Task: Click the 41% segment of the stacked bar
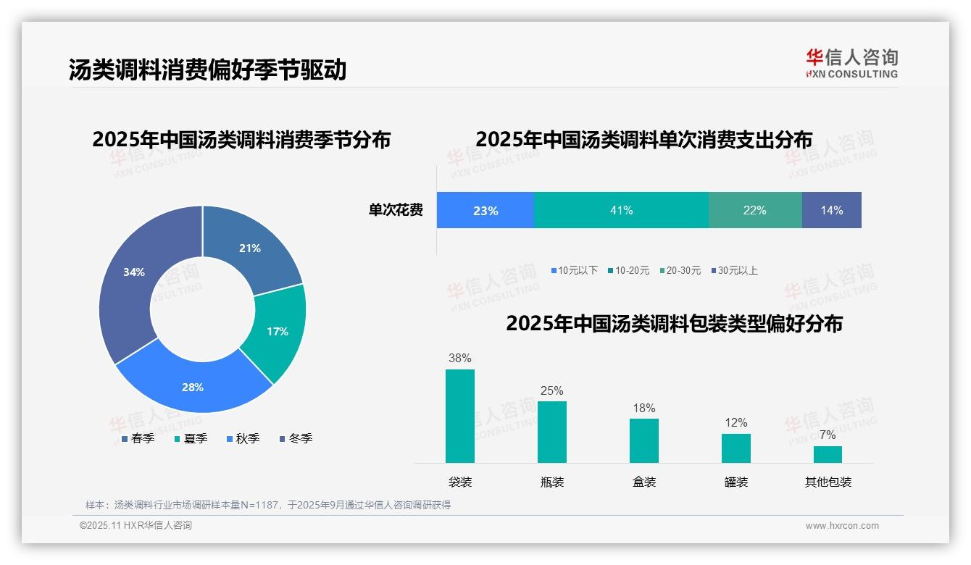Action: tap(621, 210)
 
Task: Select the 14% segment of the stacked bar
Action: tap(831, 210)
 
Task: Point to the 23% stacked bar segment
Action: tap(485, 210)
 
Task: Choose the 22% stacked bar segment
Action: tap(754, 210)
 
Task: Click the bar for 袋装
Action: tap(459, 416)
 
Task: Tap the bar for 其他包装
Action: tap(828, 454)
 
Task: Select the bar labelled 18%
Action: tap(643, 440)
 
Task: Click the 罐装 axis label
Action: tap(735, 482)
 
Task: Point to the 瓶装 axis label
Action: tap(551, 482)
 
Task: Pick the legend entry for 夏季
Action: tap(191, 438)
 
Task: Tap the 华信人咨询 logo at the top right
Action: tap(851, 63)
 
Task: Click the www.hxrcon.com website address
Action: tap(842, 526)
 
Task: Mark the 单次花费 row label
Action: tap(396, 210)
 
